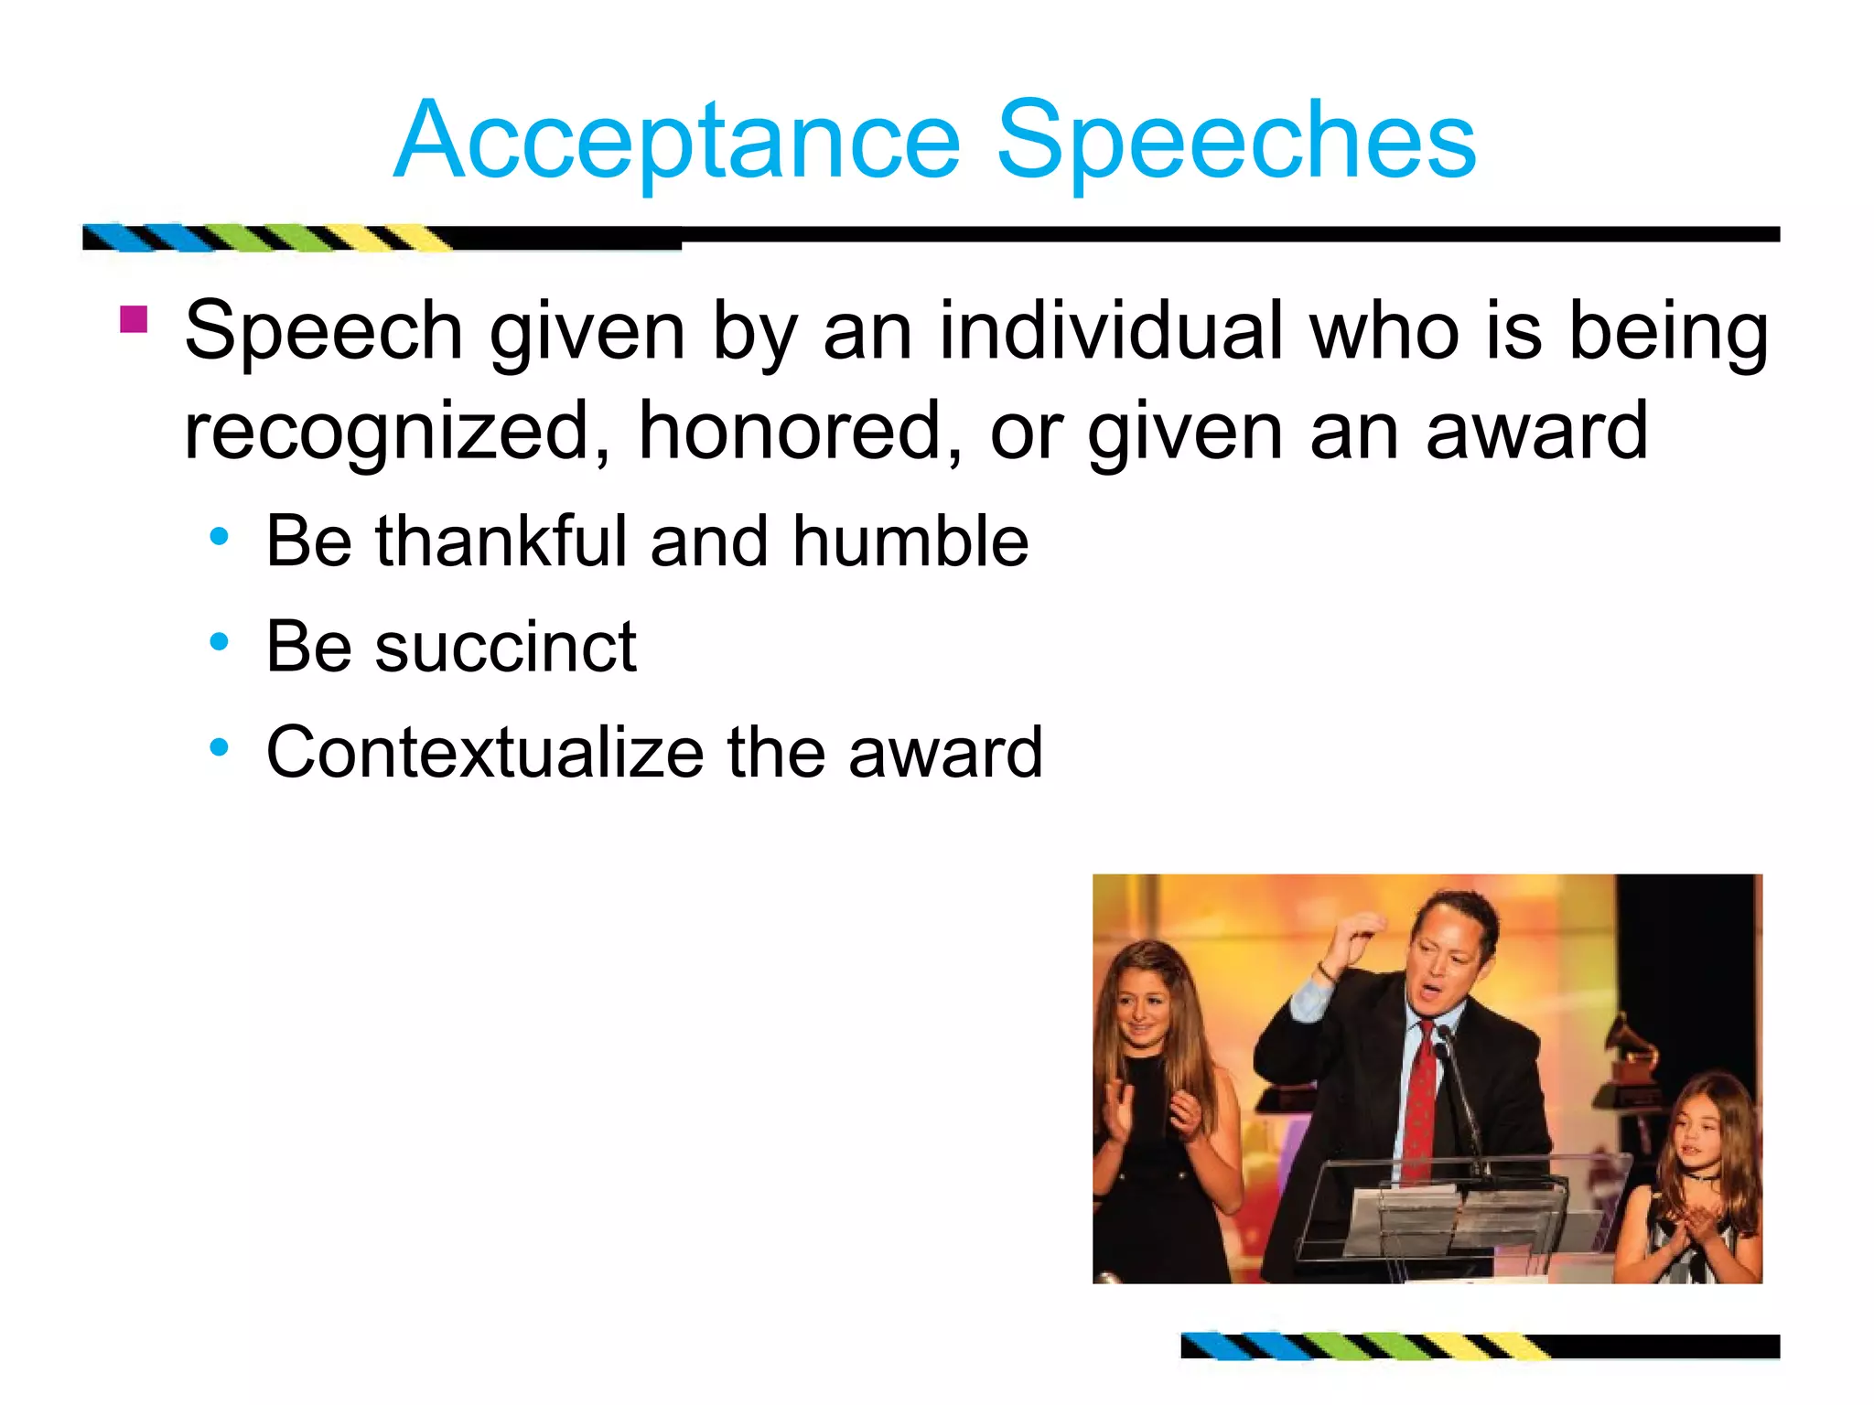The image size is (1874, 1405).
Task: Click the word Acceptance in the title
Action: coord(677,142)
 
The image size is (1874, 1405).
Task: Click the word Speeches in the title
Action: coord(1235,142)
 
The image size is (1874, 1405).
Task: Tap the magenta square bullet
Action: coord(134,320)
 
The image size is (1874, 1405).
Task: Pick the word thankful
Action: coord(500,542)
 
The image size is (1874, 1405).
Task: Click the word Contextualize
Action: coord(485,753)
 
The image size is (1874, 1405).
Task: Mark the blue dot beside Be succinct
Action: coord(219,643)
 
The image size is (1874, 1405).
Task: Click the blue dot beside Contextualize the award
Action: coord(219,748)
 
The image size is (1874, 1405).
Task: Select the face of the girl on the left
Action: coord(1144,1006)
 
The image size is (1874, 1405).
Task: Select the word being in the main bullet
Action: coord(1668,331)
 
